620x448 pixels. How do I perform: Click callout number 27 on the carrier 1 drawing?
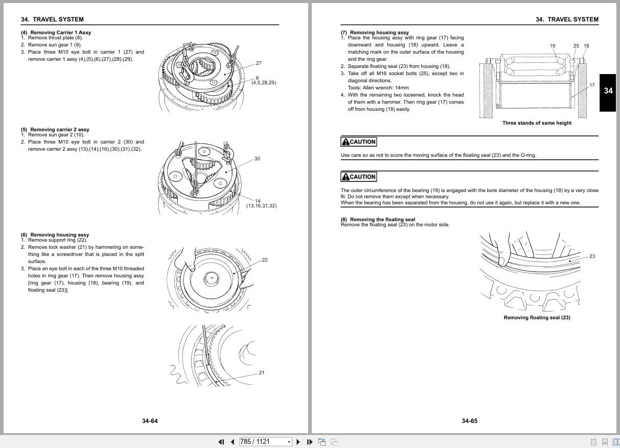pos(259,63)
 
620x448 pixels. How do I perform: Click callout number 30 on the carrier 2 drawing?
pos(257,159)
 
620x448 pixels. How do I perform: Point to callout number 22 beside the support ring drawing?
pos(265,260)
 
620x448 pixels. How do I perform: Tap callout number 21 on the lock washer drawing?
pos(262,373)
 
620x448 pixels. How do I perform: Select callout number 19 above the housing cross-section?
pos(553,46)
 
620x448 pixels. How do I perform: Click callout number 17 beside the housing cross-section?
pos(592,85)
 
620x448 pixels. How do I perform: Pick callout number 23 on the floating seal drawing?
pos(592,256)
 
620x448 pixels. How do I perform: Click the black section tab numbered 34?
pos(608,91)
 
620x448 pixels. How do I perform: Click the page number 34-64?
pos(150,421)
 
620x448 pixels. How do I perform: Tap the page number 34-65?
pos(469,421)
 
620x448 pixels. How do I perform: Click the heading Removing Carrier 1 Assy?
pos(60,33)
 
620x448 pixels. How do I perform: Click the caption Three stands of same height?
pos(537,123)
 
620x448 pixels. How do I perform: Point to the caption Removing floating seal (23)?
pos(537,318)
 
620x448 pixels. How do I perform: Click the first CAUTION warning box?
pos(359,142)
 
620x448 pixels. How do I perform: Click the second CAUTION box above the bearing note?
pos(359,177)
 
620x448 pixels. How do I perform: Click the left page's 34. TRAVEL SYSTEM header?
pos(52,19)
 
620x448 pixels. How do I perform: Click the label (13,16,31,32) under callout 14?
pos(261,206)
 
